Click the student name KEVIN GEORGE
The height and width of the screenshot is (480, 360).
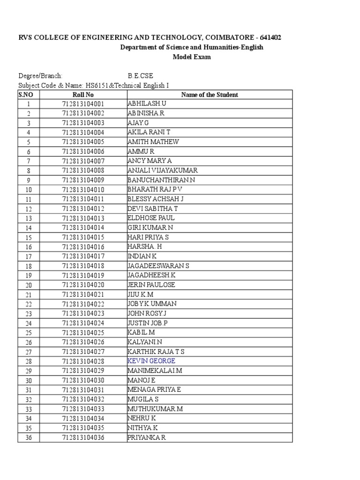tap(151, 361)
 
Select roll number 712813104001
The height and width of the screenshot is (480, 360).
tap(83, 104)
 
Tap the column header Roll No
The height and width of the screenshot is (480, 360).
tap(83, 95)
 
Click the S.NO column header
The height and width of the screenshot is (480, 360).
tap(26, 95)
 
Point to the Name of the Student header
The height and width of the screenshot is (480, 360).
tap(210, 95)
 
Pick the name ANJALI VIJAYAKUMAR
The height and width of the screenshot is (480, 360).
tap(162, 171)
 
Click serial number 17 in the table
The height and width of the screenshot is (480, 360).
tap(29, 256)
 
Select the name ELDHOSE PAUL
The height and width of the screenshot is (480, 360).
tap(151, 218)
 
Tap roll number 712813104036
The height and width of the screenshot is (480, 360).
tap(83, 438)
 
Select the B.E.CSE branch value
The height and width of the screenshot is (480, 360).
tap(141, 76)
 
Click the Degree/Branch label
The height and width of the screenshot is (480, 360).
tap(40, 76)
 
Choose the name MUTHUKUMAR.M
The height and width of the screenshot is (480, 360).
tap(155, 409)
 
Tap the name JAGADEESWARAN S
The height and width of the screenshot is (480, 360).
tap(158, 266)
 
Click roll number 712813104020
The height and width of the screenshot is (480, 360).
tap(83, 285)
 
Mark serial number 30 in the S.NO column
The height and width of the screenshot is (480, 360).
tap(29, 380)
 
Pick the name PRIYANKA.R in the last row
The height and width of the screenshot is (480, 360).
tap(147, 438)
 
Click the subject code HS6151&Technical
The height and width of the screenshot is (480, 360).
tap(115, 85)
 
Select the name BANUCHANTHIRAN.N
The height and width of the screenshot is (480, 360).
tap(161, 180)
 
